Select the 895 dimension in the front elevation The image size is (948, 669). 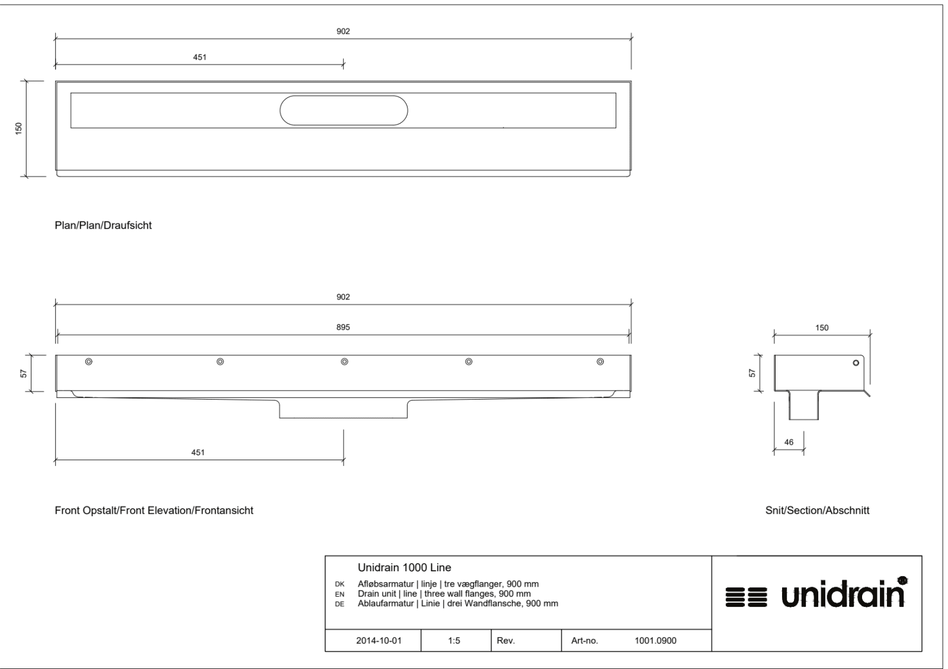point(343,327)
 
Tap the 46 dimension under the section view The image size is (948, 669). point(789,442)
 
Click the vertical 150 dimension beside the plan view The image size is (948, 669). point(18,128)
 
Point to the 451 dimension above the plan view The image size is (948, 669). point(200,57)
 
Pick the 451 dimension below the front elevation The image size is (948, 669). point(198,452)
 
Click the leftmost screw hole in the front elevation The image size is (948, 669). point(89,362)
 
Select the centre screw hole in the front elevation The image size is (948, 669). point(344,362)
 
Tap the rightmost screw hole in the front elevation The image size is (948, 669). point(600,362)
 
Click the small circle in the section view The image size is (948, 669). point(856,363)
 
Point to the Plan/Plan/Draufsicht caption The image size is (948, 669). point(103,226)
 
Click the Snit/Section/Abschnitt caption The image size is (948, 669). point(817,510)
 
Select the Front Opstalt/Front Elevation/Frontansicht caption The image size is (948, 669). point(154,510)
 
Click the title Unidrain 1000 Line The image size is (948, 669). point(405,568)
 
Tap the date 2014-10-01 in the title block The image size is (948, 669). point(379,641)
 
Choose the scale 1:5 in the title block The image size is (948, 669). point(454,641)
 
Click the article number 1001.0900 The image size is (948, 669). point(655,641)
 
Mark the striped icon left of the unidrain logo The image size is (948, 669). point(746,597)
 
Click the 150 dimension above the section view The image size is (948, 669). point(822,328)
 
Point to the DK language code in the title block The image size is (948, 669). point(340,584)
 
